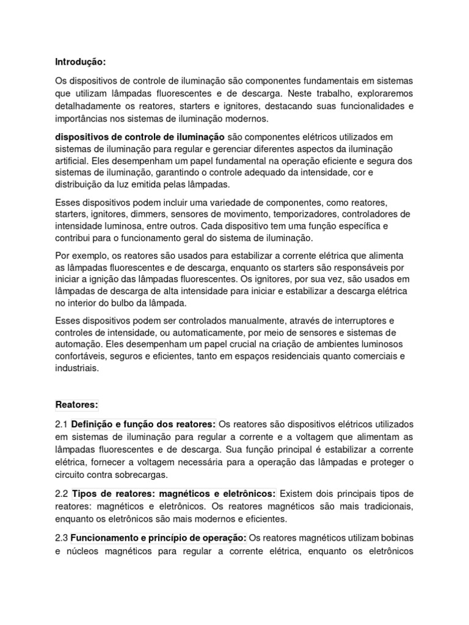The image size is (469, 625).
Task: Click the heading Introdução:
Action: (80, 62)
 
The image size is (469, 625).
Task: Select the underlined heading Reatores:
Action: (76, 405)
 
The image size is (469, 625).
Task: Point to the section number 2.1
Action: (62, 424)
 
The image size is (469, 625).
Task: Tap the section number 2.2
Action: (62, 493)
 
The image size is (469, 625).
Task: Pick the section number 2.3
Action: (62, 538)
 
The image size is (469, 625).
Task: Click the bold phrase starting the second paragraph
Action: (140, 136)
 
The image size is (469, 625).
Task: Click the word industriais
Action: (76, 369)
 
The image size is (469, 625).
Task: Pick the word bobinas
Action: (394, 538)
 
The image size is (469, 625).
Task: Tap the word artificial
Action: (71, 161)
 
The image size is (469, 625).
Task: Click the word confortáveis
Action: (80, 356)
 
